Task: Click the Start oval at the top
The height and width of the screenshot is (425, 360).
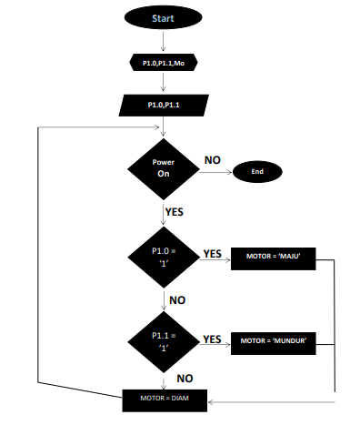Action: click(164, 17)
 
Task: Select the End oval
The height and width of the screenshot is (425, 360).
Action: click(256, 170)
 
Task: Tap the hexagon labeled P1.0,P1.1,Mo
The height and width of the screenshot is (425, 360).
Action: click(164, 64)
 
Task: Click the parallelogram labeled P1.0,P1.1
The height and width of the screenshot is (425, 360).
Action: click(164, 106)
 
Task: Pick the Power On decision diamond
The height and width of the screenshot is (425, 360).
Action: click(164, 167)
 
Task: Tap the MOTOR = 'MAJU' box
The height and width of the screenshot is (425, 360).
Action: click(279, 257)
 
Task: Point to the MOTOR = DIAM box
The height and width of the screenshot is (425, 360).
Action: click(165, 398)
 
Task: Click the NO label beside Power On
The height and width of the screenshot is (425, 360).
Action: click(212, 160)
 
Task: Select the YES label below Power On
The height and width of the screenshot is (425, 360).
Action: click(175, 212)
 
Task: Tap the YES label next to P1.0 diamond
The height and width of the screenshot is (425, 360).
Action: click(212, 254)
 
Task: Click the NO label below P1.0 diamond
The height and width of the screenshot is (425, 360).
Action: click(177, 299)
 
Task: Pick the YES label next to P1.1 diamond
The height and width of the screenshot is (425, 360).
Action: click(212, 339)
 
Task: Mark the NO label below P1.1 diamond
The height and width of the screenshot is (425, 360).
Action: click(184, 378)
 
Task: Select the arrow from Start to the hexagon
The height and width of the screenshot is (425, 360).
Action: click(164, 41)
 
